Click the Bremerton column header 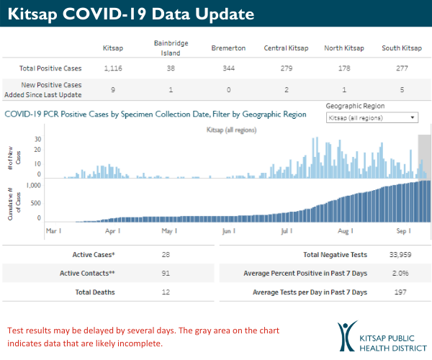point(228,48)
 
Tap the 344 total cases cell point(228,68)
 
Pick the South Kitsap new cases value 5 point(401,89)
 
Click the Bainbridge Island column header point(171,48)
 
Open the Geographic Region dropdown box point(372,117)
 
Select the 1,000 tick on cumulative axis point(32,185)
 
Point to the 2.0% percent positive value point(401,274)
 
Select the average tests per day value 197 point(401,292)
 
